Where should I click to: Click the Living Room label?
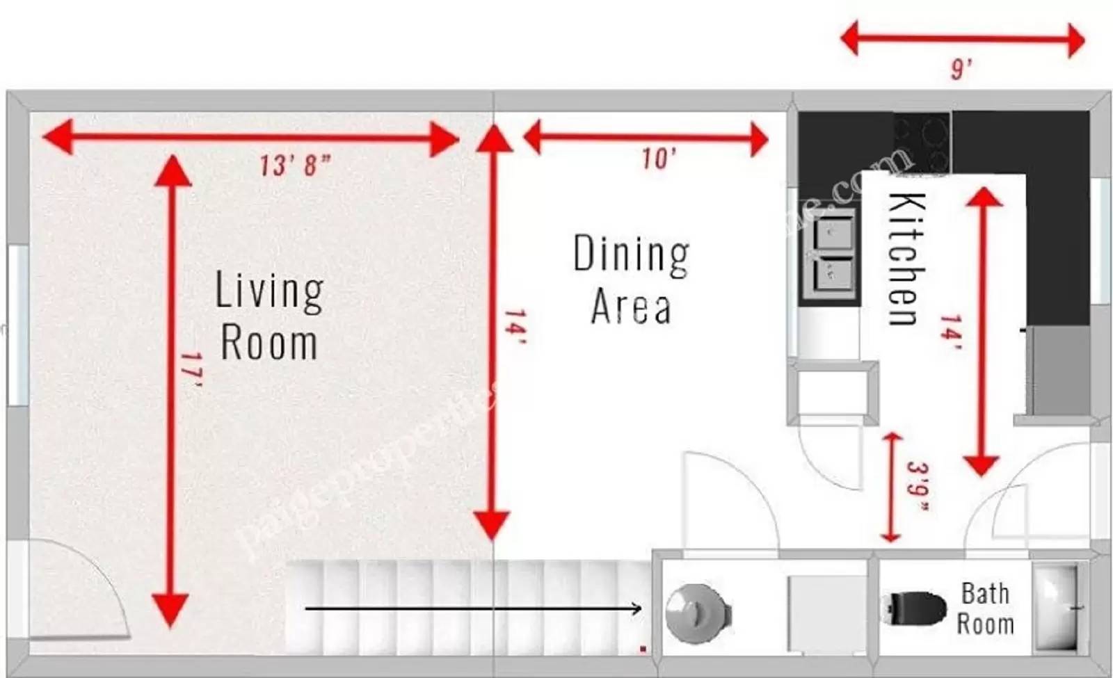[x=269, y=316]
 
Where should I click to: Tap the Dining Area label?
[x=631, y=280]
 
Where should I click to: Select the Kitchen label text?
[x=907, y=259]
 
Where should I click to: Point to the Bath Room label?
[x=985, y=608]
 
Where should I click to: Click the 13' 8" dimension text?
[x=295, y=166]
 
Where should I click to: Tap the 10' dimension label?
[x=657, y=159]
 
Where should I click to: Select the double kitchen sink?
[x=833, y=252]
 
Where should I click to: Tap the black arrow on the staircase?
[x=473, y=609]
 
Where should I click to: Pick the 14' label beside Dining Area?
[x=514, y=327]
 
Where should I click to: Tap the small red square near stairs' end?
[x=643, y=649]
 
